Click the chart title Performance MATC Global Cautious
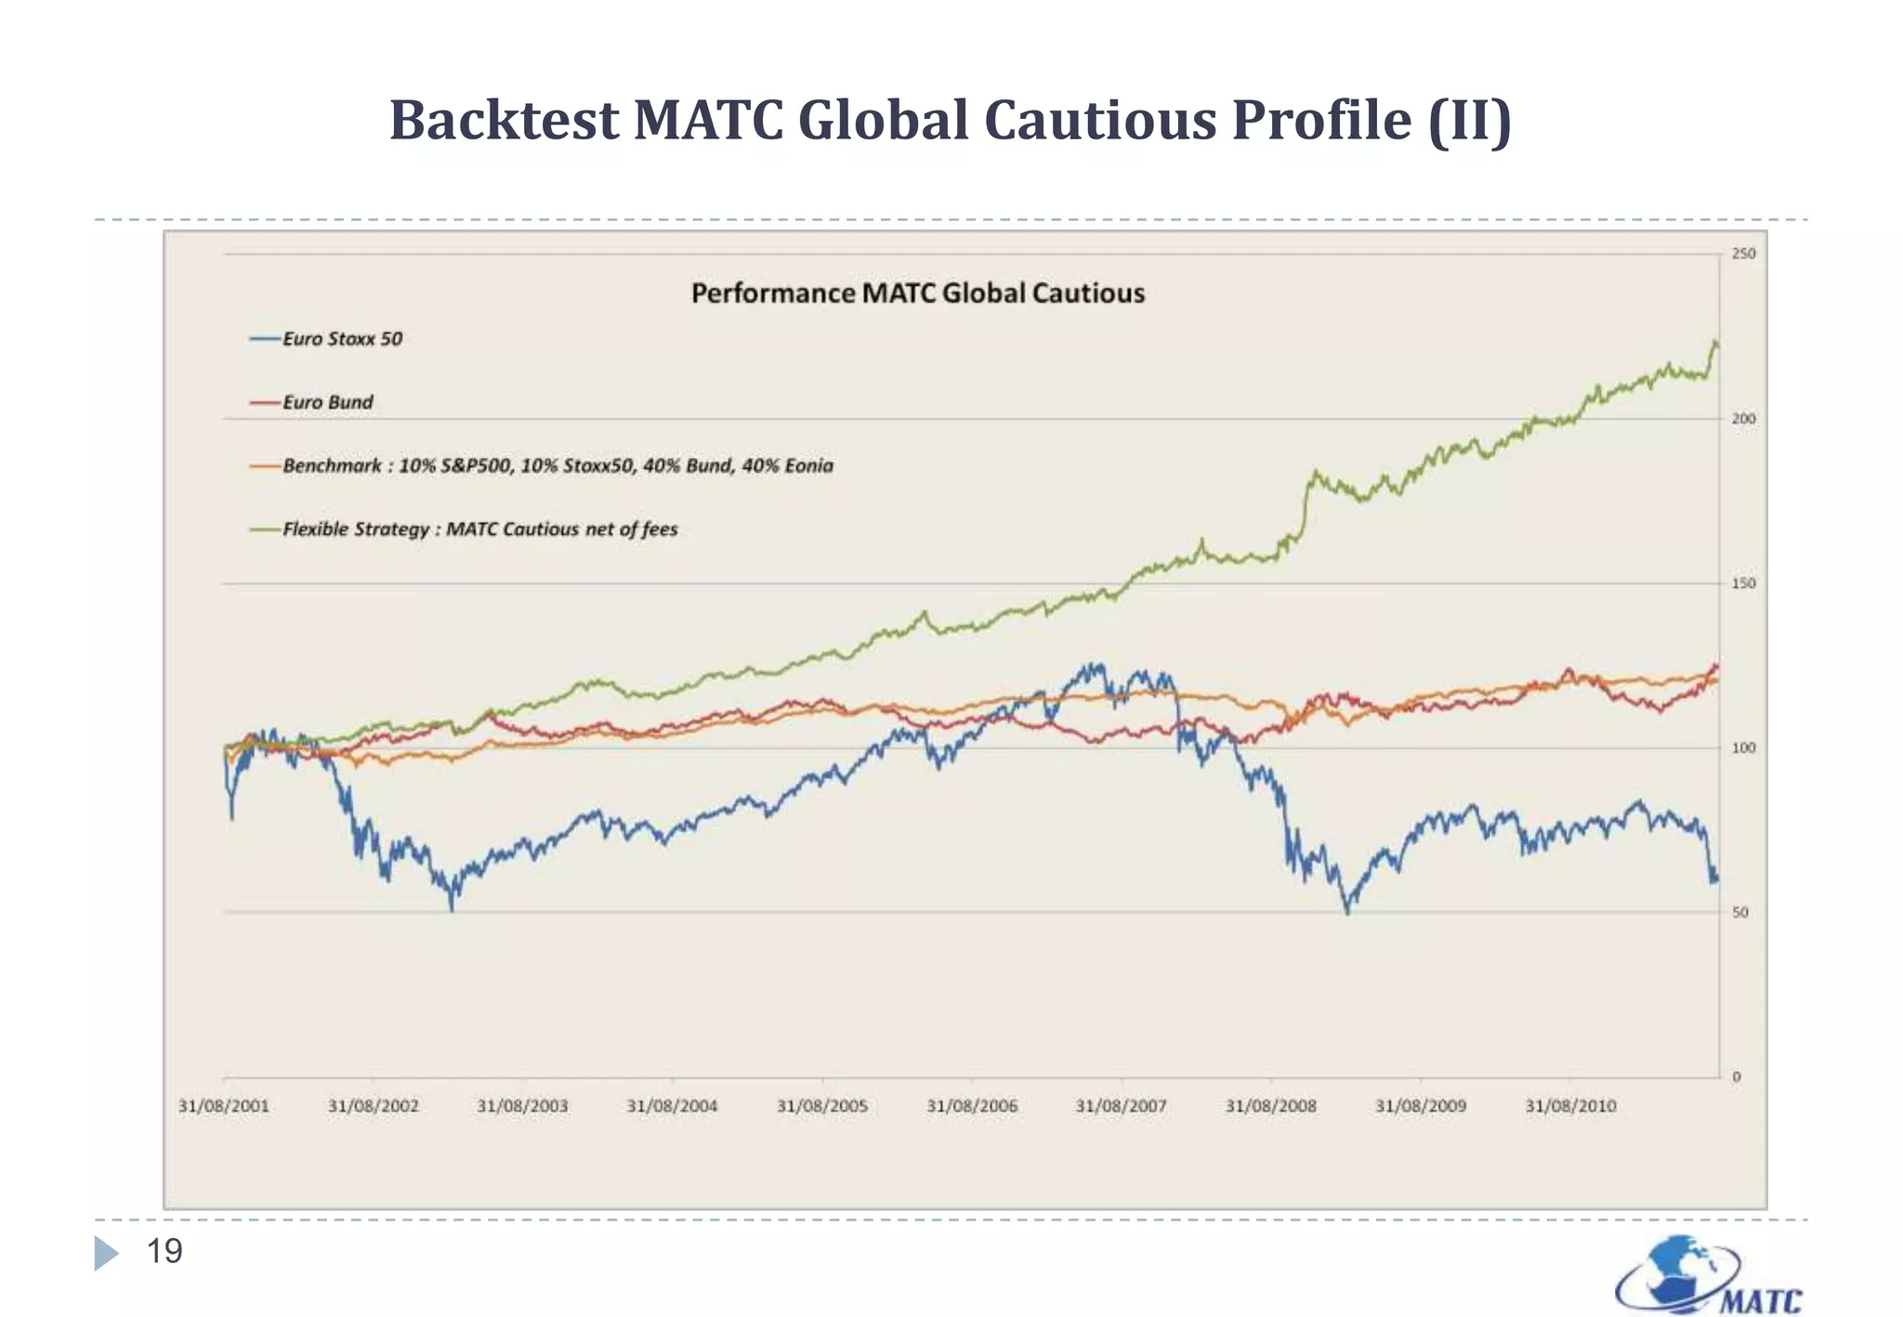coord(917,293)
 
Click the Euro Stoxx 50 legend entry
coord(342,339)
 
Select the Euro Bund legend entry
coord(327,402)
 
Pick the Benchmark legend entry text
coord(558,465)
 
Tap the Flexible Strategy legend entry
coord(479,529)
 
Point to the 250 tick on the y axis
coord(1743,254)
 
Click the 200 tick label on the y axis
coord(1743,419)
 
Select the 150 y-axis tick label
coord(1743,583)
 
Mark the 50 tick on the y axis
coord(1740,913)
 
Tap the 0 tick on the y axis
coord(1737,1077)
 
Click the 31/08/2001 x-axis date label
coord(223,1106)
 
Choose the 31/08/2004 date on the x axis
coord(672,1106)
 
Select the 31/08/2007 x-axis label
coord(1121,1106)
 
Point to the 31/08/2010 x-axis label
coord(1570,1106)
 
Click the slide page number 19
coord(164,1252)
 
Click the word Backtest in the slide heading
coord(504,121)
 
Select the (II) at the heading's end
coord(1469,121)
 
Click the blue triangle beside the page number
coord(105,1254)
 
